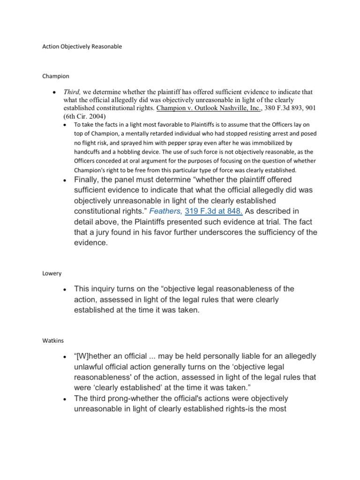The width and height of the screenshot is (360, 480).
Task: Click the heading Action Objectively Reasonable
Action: [x=82, y=47]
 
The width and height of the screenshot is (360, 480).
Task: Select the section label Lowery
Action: [x=52, y=273]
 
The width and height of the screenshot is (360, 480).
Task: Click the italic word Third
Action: [x=73, y=92]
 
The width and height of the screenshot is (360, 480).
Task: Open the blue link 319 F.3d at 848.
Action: [x=214, y=212]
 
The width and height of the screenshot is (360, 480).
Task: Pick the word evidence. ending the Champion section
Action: [x=91, y=243]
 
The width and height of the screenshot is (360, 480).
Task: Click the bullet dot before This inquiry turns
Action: [x=63, y=290]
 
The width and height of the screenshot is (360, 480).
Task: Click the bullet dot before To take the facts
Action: [x=66, y=125]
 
